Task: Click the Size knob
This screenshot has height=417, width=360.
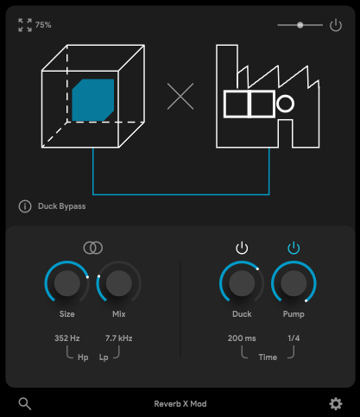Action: (x=66, y=283)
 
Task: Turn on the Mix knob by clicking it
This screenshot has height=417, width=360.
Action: (x=119, y=283)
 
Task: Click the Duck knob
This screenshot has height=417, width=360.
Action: (x=242, y=283)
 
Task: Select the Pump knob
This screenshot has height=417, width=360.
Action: (x=294, y=283)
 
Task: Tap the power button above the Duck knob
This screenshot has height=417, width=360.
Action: (x=242, y=249)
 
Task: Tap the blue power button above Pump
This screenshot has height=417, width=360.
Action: (x=294, y=249)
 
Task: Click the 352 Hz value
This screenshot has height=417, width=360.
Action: (x=66, y=338)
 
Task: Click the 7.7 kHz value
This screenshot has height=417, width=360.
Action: (x=118, y=338)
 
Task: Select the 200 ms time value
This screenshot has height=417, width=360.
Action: (x=242, y=338)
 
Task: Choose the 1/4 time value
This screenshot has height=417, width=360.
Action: (x=294, y=338)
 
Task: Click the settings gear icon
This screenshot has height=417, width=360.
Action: (x=336, y=403)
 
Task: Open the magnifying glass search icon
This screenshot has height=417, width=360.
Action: (x=24, y=403)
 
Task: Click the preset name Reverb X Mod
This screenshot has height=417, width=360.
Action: (x=180, y=403)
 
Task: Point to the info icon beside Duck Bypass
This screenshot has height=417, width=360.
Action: (x=24, y=206)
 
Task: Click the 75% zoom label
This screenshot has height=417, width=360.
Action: (x=43, y=25)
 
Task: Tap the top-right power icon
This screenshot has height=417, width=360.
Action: (x=336, y=26)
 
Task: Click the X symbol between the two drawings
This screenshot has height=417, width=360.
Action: (x=180, y=97)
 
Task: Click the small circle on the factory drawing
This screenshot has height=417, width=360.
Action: (x=286, y=104)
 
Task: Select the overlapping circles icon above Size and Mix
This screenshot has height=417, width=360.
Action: (x=92, y=248)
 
